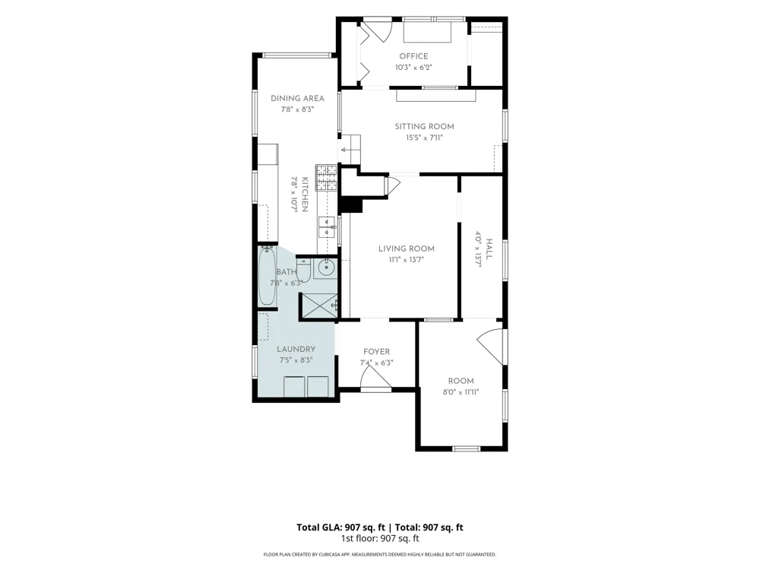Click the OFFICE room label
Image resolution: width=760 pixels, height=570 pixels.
pos(413,56)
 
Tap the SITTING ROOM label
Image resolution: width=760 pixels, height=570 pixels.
pos(424,126)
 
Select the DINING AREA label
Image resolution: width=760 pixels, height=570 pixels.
pos(297,98)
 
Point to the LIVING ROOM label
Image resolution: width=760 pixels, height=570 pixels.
pos(406,249)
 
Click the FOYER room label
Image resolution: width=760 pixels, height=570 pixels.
pos(377,352)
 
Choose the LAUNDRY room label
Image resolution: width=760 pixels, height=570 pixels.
pos(296,349)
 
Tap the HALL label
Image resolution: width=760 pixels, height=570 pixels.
pos(489,249)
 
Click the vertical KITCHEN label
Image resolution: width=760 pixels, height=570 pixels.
pos(305,195)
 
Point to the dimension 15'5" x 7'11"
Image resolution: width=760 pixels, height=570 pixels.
pos(424,138)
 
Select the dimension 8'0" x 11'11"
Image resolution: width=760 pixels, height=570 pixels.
pos(461,392)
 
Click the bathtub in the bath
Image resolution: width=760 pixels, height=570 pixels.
pos(267,276)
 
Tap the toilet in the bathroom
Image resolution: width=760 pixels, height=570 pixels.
pos(303,270)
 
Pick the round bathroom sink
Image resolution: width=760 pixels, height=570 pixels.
pos(326,266)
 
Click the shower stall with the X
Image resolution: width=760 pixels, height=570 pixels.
pos(319,306)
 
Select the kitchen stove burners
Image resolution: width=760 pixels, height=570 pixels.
pos(326,177)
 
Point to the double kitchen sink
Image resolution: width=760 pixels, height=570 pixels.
pos(327,227)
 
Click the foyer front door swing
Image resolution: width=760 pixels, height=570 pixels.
pos(375,377)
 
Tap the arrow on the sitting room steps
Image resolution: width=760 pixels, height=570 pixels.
pos(346,150)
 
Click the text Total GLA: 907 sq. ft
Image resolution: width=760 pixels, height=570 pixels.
pos(340,527)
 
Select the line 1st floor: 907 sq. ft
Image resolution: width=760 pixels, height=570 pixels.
pos(380,538)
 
